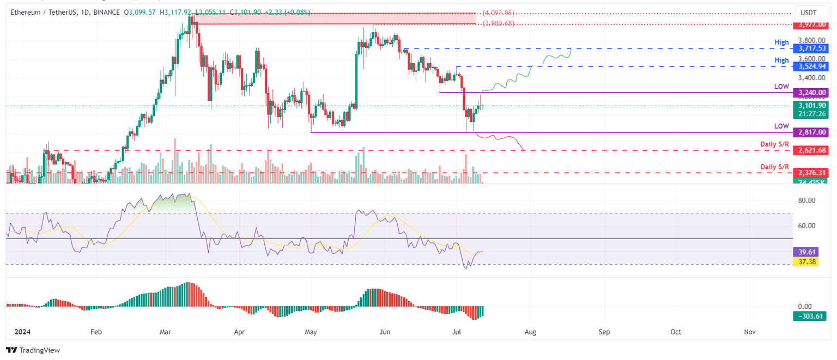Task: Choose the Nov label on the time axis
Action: (749, 331)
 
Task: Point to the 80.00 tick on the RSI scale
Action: (806, 200)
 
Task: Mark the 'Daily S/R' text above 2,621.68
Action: (775, 144)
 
